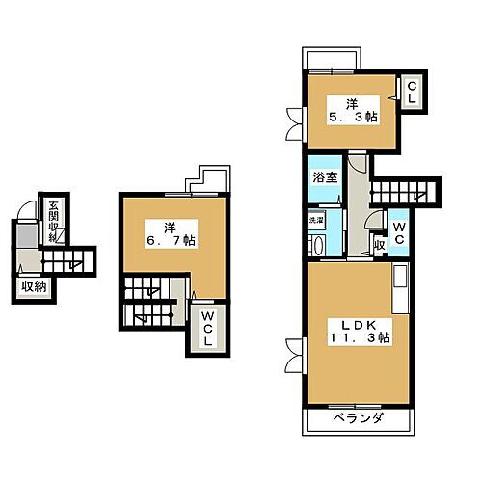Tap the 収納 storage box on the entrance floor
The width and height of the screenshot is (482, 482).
35,285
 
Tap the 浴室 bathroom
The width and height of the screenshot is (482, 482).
323,178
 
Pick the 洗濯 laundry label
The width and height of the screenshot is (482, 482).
316,221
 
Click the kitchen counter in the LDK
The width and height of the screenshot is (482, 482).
400,289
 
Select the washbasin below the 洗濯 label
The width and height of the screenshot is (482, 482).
317,245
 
